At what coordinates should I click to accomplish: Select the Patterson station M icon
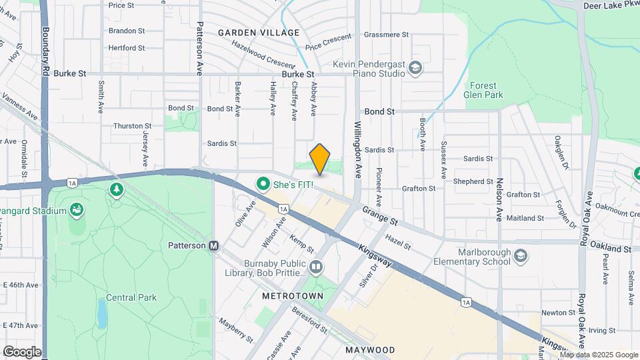coord(214,245)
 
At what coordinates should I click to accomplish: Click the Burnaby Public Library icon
coord(316,267)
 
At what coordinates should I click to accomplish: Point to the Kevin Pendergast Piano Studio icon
coord(415,68)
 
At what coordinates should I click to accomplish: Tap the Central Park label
coord(131,297)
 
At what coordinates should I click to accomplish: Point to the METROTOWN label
coord(293,295)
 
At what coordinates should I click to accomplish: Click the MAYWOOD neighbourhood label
coord(370,349)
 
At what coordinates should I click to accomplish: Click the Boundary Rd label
coord(45,50)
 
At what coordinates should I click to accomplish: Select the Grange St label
coord(380,215)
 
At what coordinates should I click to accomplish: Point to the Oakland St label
coord(611,248)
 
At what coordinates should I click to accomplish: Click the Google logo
coord(22,351)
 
